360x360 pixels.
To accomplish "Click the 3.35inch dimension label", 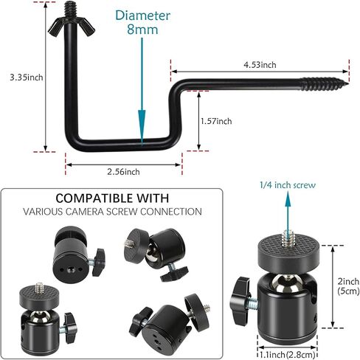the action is click(27, 77).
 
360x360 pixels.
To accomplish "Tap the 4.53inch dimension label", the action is click(260, 65).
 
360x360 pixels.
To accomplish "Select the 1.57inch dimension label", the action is click(216, 121).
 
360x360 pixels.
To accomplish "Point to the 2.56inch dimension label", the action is click(123, 172).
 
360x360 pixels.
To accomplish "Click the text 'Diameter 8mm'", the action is click(142, 22).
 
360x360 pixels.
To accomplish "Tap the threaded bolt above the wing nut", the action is click(71, 10).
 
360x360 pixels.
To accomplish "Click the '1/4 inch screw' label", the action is click(288, 185).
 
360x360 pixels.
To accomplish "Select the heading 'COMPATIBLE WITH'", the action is click(112, 198).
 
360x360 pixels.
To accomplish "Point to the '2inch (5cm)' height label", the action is click(348, 286).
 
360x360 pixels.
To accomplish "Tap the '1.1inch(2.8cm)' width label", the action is click(287, 355).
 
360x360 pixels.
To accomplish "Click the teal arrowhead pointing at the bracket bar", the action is click(142, 128).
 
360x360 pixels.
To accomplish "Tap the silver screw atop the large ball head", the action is click(287, 238).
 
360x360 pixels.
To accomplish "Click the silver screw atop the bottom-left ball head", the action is click(39, 288).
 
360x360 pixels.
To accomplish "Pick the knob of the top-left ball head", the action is click(99, 262).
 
